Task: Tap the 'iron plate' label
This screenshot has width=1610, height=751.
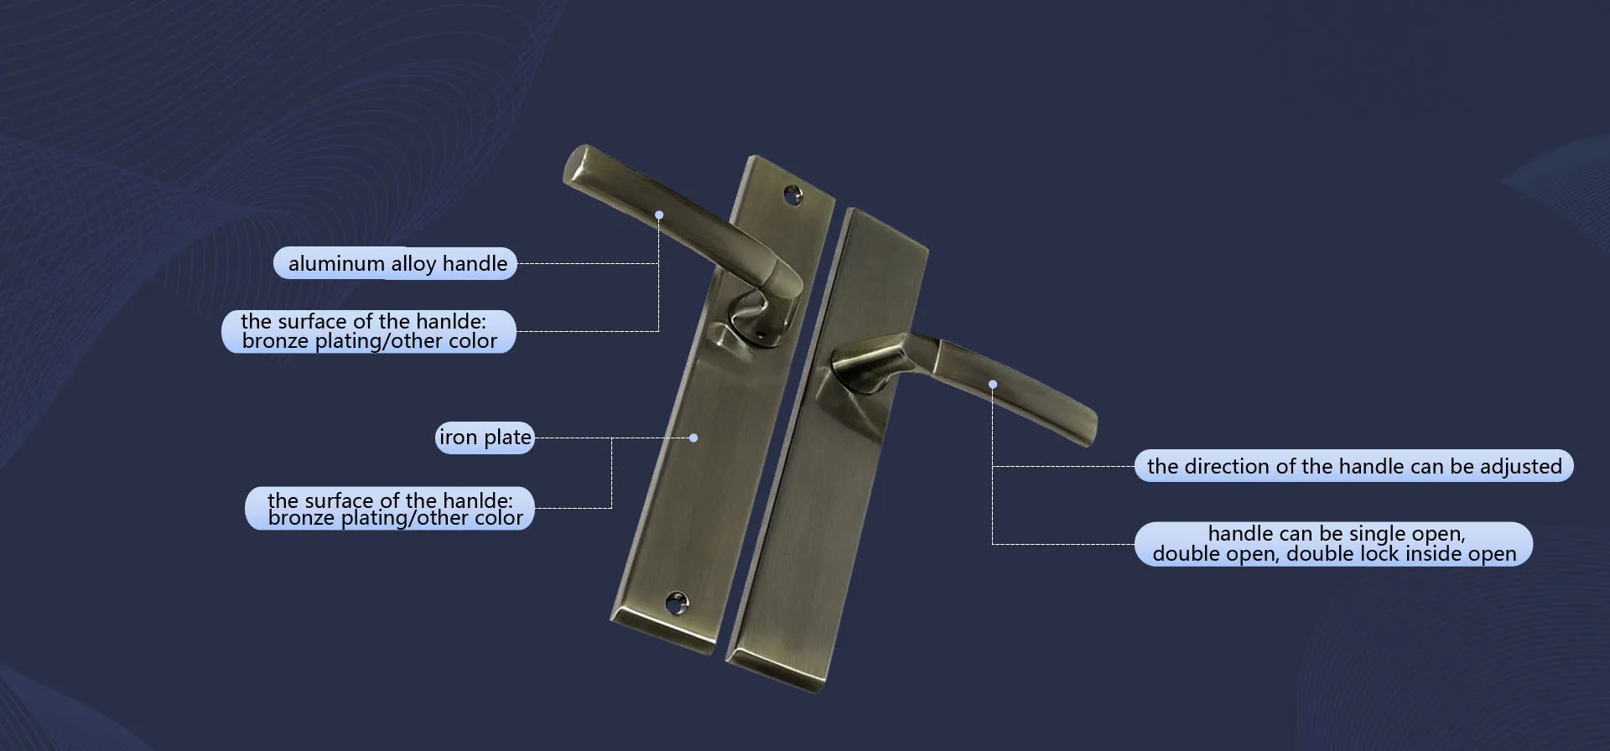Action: coord(485,438)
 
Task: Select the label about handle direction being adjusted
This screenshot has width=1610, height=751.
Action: coord(1353,466)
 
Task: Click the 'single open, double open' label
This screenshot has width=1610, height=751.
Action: coord(1333,544)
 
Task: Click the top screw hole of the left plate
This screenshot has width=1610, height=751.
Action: coord(792,195)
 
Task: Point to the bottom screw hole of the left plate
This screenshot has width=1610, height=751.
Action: coord(676,602)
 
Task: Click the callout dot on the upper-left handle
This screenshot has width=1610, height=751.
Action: coord(659,215)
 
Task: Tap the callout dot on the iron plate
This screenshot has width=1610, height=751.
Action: coord(693,438)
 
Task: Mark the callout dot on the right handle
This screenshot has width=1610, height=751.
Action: coord(993,385)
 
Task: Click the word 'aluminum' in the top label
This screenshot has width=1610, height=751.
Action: coord(335,264)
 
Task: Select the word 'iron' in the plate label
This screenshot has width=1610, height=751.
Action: coord(458,438)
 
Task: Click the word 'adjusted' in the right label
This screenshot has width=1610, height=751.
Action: coord(1520,466)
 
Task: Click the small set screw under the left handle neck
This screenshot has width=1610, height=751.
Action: coord(761,334)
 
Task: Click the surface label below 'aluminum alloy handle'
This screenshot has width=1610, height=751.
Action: coord(369,331)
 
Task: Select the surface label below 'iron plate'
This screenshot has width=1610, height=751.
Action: coord(390,509)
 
